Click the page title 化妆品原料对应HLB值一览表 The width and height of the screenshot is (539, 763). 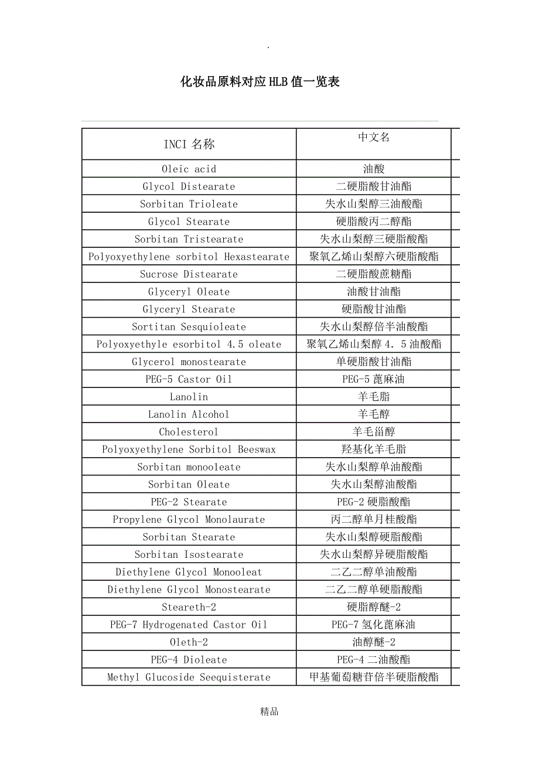260,82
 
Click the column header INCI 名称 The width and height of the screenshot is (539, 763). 189,144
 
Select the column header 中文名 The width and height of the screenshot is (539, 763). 374,137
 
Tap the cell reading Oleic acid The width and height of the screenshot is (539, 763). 189,169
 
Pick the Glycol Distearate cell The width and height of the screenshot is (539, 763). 189,186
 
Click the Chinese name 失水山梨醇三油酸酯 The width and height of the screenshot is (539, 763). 374,204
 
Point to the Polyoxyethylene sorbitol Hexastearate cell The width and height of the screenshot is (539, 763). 189,257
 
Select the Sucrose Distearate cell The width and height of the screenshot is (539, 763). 189,274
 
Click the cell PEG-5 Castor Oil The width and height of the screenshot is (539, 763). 189,379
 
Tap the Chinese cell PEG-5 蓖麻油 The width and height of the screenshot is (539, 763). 374,379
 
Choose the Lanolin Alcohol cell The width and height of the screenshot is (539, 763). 189,414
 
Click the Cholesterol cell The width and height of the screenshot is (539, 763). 189,432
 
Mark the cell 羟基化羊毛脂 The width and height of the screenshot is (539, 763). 374,449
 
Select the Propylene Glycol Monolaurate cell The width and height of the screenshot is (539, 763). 189,519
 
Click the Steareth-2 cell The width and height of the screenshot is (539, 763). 189,607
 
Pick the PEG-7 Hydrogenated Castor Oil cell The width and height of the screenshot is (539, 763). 189,625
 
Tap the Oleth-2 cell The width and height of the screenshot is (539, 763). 189,642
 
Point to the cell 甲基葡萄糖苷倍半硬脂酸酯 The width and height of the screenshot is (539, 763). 374,677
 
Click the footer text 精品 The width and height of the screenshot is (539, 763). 269,712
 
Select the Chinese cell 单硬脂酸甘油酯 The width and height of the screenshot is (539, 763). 374,362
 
